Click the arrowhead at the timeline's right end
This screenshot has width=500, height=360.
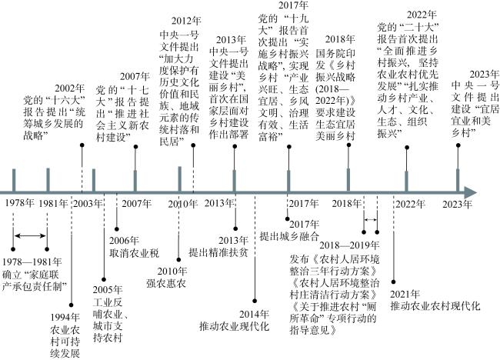(x=471, y=192)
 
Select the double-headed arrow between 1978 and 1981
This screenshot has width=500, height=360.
(x=30, y=235)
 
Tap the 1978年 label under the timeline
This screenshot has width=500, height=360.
(x=19, y=203)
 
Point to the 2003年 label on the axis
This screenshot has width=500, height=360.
(x=88, y=203)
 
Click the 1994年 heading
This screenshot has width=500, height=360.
(x=65, y=317)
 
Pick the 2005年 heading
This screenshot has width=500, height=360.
(x=108, y=289)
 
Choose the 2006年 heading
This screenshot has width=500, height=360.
(x=124, y=241)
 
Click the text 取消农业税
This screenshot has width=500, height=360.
(x=135, y=254)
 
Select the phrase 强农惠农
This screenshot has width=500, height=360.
(x=166, y=284)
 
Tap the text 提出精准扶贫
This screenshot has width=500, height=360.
(x=218, y=252)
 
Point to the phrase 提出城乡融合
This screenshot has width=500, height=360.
(x=289, y=236)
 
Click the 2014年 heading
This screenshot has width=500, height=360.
(x=254, y=314)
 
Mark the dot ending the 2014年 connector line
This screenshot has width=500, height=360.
(x=255, y=301)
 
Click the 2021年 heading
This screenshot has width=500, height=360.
(x=405, y=294)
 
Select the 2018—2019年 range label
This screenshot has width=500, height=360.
(x=349, y=245)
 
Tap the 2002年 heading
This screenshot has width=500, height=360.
(x=69, y=88)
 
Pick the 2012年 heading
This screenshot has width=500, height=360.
(x=186, y=21)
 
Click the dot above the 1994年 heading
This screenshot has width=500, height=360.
(x=71, y=305)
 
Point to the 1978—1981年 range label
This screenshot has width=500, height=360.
(x=32, y=262)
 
